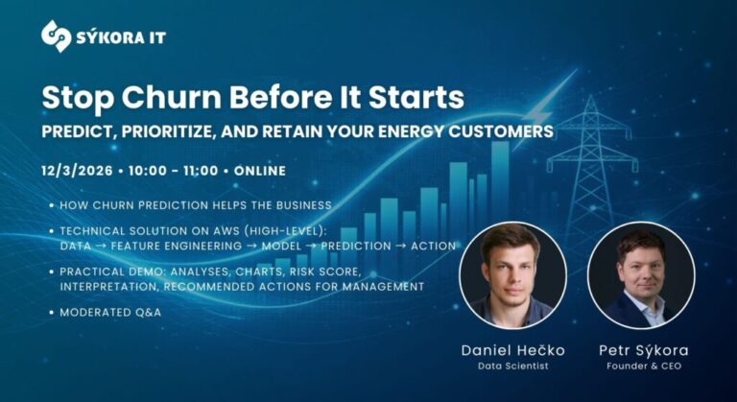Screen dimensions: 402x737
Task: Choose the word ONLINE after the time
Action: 259,172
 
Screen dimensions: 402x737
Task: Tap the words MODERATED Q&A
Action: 108,313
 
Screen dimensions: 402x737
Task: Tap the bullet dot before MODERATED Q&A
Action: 50,313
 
